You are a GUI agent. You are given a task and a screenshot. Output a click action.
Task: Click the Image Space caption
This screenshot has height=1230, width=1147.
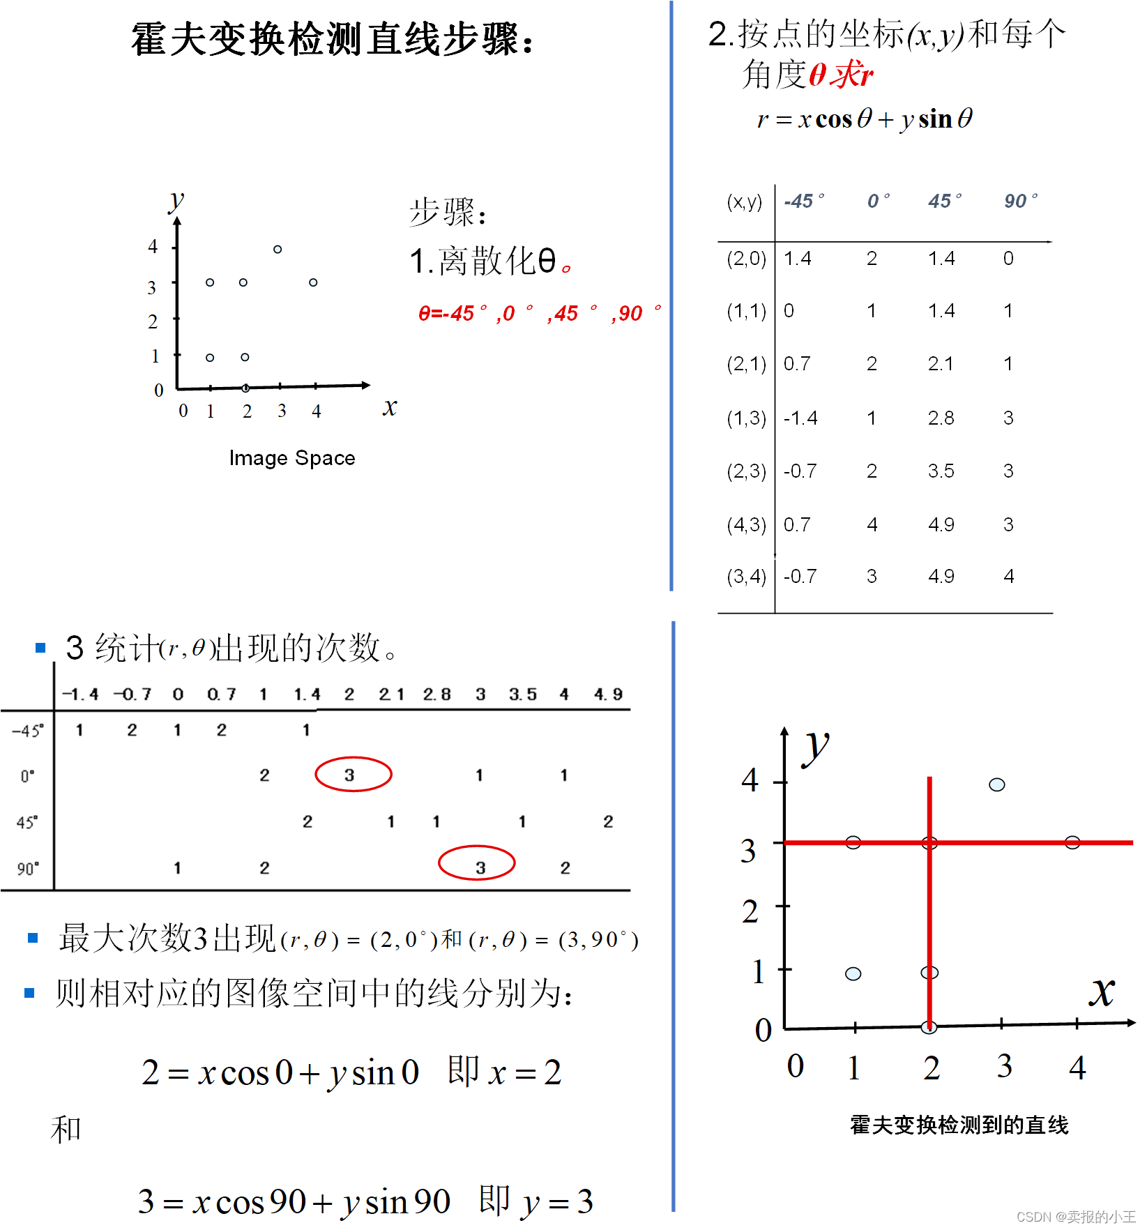coord(292,458)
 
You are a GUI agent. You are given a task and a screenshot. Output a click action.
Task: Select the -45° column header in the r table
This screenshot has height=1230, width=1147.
coord(803,202)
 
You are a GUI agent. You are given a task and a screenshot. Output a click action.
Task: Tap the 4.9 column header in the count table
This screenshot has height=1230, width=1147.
coord(608,694)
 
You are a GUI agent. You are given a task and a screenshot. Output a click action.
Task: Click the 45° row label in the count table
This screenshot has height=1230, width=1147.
coord(27,822)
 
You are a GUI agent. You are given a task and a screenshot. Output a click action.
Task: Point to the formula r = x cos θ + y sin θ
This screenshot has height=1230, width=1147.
coord(865,119)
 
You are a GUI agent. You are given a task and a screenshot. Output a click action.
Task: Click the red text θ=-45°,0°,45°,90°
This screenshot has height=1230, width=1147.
coord(538,313)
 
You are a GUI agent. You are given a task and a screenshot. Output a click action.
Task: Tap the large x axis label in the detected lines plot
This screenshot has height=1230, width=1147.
coord(1102,991)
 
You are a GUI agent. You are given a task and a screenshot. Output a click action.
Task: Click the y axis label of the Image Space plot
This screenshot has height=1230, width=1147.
coord(176,201)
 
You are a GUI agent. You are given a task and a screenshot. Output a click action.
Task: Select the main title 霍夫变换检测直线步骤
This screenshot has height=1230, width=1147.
coord(333,39)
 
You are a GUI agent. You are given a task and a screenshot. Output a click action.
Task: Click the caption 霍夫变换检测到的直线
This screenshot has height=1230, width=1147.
coord(959,1125)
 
